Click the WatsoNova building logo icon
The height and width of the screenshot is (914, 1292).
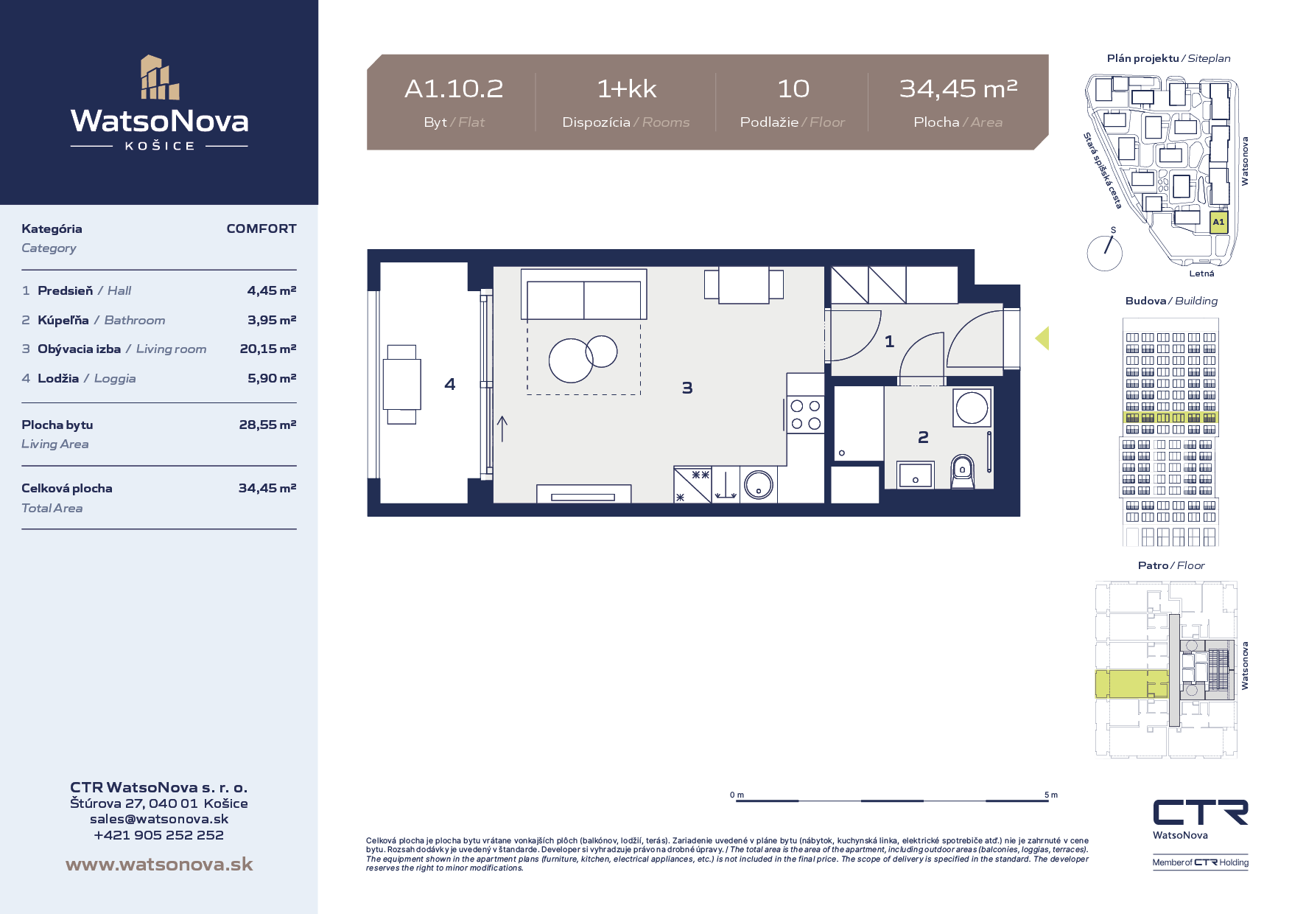click(x=160, y=77)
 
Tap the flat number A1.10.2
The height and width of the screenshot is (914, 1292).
click(x=454, y=89)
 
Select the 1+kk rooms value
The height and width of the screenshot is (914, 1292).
click(x=626, y=89)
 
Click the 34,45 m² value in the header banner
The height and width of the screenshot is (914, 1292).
click(x=958, y=88)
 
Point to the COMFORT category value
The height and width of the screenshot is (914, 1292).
click(x=261, y=228)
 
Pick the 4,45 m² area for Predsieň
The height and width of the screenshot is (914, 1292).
click(x=272, y=290)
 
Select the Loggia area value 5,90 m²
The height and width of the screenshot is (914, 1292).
click(x=272, y=378)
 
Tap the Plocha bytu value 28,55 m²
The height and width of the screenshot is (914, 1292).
click(x=267, y=425)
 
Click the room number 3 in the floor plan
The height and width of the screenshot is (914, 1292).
click(x=687, y=388)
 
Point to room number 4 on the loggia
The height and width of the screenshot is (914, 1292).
click(x=450, y=384)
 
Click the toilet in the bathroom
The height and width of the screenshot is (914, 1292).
click(x=962, y=472)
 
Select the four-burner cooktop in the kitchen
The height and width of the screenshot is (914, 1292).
click(x=805, y=414)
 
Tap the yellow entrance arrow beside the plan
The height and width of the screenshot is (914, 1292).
click(x=1042, y=338)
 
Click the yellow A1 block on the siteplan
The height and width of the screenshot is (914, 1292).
click(x=1219, y=222)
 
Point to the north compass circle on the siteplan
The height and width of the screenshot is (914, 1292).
click(x=1105, y=253)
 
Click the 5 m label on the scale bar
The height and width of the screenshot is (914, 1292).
click(x=1051, y=795)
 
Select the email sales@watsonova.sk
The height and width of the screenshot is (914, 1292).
click(x=159, y=819)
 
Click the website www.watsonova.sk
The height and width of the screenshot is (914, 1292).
click(x=159, y=864)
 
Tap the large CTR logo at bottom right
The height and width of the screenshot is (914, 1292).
click(x=1201, y=812)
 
